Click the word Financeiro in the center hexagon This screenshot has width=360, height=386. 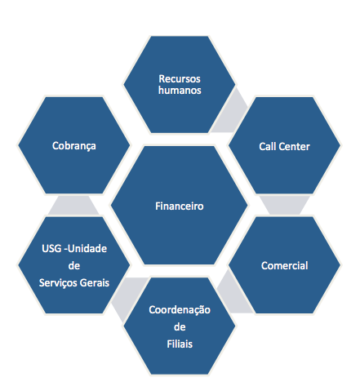click(180, 206)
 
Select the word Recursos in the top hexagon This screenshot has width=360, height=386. click(180, 79)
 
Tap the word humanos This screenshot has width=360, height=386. click(180, 91)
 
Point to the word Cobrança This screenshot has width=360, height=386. click(74, 146)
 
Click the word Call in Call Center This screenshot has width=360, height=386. click(267, 147)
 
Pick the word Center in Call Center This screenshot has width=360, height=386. click(294, 147)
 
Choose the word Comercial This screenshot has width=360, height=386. click(285, 266)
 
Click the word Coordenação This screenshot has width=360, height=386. click(180, 310)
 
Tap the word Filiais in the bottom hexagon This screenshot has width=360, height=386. click(180, 344)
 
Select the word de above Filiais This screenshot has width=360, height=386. click(180, 327)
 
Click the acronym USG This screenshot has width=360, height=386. click(51, 249)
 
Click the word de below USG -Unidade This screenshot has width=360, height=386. click(74, 266)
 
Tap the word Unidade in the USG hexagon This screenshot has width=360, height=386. click(87, 249)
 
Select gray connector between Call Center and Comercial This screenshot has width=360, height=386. click(285, 205)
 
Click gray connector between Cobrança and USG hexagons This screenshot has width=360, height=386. click(73, 206)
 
